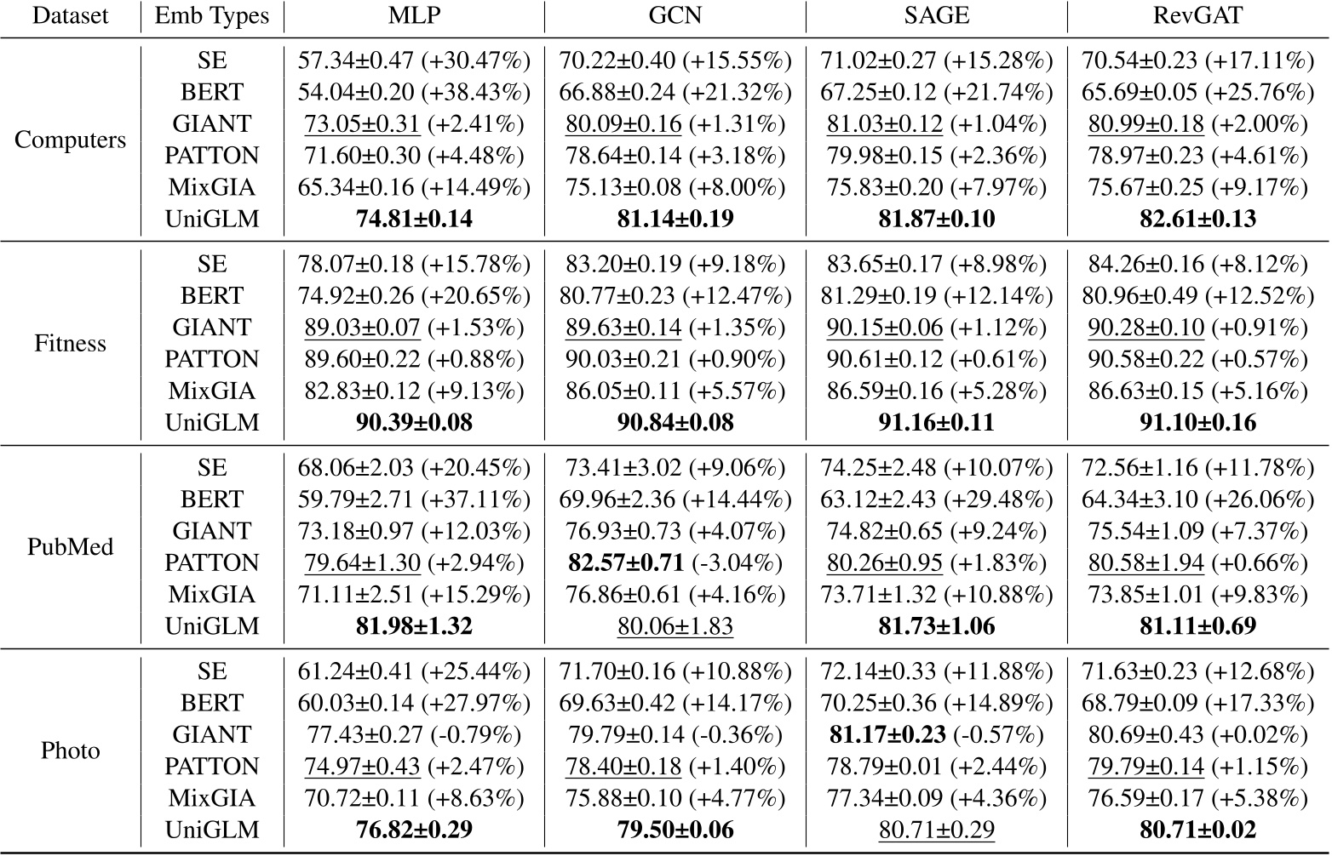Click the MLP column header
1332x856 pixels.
[x=415, y=15]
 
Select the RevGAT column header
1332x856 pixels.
[x=1198, y=15]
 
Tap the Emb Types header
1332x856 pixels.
[x=212, y=15]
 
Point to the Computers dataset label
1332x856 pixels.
[x=70, y=140]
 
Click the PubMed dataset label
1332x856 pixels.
[x=70, y=547]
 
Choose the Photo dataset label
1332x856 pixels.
[x=70, y=750]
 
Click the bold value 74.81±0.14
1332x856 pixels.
[x=414, y=220]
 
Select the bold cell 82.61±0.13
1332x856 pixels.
[x=1198, y=220]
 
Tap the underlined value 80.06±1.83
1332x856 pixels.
[x=675, y=627]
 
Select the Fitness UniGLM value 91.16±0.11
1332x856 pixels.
[x=937, y=423]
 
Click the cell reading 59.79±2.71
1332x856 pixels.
[x=356, y=499]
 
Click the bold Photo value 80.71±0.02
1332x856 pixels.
[x=1198, y=830]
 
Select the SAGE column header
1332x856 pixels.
[x=937, y=15]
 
